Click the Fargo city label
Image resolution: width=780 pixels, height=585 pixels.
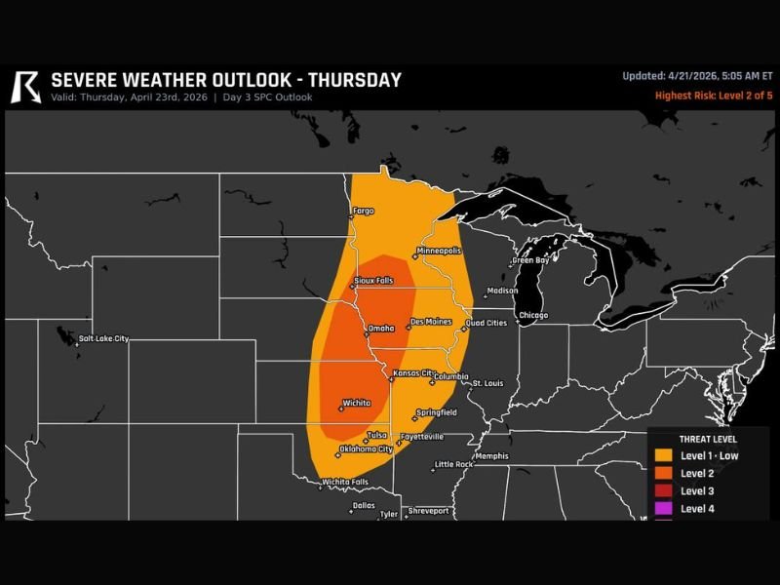pos(363,211)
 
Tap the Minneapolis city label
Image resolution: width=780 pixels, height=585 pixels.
pos(438,251)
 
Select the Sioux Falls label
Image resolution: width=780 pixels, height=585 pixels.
pos(373,281)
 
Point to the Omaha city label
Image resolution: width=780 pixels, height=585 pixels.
pos(381,328)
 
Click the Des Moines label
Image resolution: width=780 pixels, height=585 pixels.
pos(430,322)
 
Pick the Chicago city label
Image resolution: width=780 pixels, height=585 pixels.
pos(533,315)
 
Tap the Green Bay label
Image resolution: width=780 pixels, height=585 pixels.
pos(531,260)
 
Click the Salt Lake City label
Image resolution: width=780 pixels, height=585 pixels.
pos(103,338)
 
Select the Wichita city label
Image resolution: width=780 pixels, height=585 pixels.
pos(356,403)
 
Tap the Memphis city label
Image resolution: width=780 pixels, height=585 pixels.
pos(492,456)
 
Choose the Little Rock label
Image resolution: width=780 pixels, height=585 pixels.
pos(453,464)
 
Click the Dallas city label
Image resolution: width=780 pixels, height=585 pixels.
pos(364,505)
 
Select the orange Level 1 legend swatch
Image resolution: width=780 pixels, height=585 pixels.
pos(663,455)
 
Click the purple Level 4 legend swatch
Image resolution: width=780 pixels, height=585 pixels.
pos(663,508)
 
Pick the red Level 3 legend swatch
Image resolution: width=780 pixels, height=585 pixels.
pos(663,490)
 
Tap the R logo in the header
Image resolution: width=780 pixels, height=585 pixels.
pos(25,86)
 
